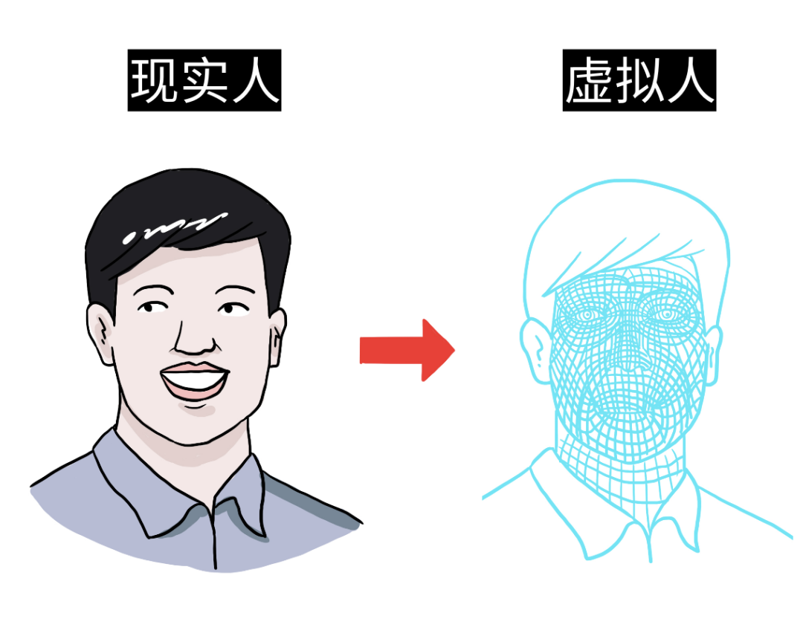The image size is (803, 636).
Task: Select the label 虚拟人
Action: click(639, 79)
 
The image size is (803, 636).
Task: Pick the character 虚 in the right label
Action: click(590, 79)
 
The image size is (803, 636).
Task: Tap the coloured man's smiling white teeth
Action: click(193, 382)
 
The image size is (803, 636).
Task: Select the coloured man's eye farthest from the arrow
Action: click(153, 306)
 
